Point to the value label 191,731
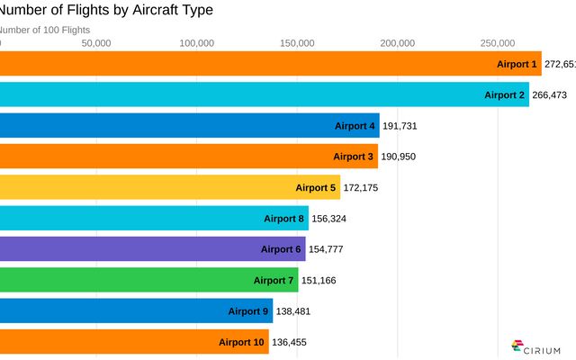pyautogui.click(x=400, y=126)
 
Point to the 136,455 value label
pyautogui.click(x=289, y=342)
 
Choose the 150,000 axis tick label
pyautogui.click(x=297, y=42)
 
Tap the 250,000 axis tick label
pyautogui.click(x=498, y=42)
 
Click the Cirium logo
pyautogui.click(x=536, y=347)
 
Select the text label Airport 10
pyautogui.click(x=241, y=342)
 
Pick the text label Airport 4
pyautogui.click(x=355, y=126)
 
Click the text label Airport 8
pyautogui.click(x=283, y=219)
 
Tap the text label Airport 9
pyautogui.click(x=248, y=311)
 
